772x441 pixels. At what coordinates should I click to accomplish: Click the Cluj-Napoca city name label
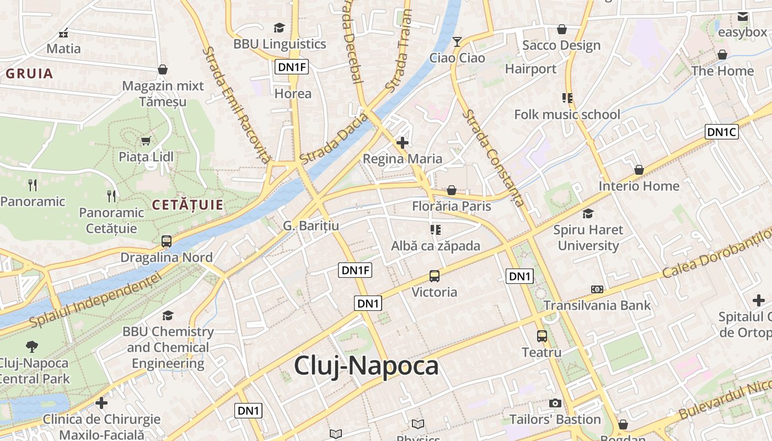point(366,365)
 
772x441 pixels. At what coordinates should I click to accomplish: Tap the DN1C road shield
point(721,132)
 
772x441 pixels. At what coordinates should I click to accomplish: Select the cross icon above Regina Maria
point(403,143)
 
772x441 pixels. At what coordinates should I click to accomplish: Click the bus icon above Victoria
point(435,276)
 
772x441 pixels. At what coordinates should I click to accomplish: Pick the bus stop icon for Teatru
point(542,336)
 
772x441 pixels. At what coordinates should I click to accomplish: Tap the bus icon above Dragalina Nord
point(166,241)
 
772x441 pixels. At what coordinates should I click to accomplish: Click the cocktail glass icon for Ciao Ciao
point(457,41)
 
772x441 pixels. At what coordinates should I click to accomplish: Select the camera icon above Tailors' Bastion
point(555,403)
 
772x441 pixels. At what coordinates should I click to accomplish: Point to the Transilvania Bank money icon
point(597,289)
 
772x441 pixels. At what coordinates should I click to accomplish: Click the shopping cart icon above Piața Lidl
point(146,141)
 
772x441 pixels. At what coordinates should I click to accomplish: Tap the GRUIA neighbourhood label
point(30,73)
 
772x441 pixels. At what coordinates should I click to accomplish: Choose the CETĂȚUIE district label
point(187,205)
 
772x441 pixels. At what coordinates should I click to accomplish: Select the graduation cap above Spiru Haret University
point(588,213)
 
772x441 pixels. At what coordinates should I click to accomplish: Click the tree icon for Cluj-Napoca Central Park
point(32,347)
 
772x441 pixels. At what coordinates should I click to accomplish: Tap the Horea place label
point(293,94)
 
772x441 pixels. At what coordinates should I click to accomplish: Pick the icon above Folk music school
point(567,98)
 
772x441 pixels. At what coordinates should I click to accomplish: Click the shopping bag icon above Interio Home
point(639,170)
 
